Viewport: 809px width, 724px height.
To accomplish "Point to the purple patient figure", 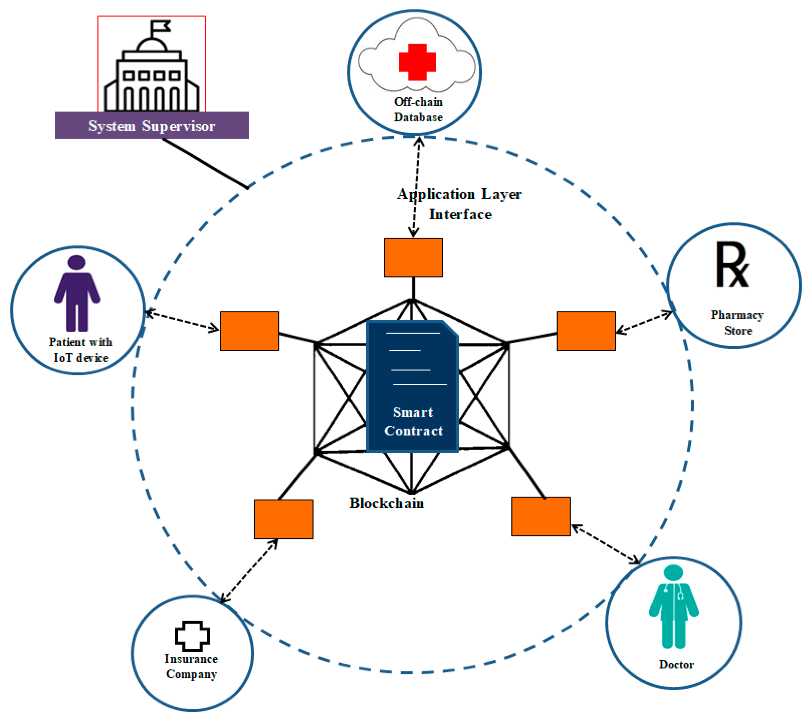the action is click(x=77, y=293).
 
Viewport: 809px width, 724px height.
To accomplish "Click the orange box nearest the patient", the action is click(x=249, y=331).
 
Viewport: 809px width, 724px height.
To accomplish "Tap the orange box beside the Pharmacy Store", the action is click(x=586, y=331).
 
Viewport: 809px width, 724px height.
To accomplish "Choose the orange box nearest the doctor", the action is click(x=541, y=516).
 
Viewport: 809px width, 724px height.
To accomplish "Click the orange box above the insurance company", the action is click(x=284, y=519).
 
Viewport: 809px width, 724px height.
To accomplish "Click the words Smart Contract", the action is click(x=414, y=421).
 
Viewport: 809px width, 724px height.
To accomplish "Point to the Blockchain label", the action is click(x=386, y=503).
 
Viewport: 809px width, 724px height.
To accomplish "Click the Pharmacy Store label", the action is click(x=737, y=323).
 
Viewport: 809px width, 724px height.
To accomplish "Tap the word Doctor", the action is click(x=677, y=664).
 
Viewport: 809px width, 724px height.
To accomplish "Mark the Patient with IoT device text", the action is click(x=81, y=350).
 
